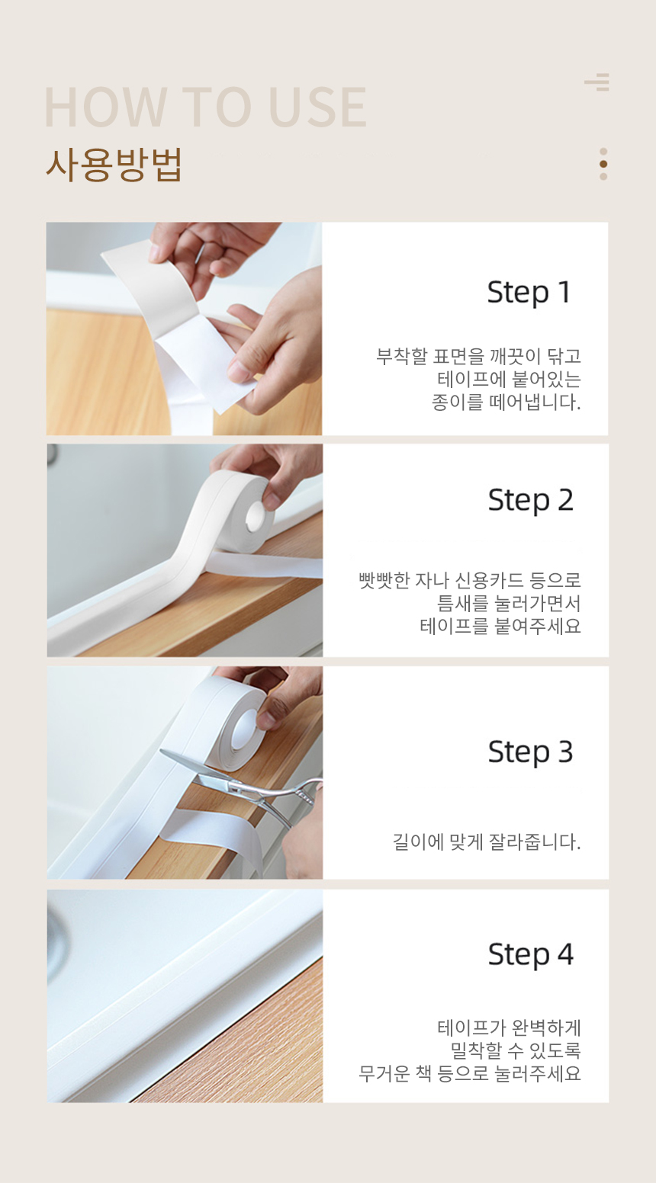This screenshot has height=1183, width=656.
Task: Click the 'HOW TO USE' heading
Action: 206,107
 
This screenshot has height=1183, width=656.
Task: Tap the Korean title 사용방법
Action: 114,164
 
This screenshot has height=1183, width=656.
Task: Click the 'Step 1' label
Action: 529,293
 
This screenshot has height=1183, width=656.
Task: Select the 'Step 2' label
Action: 530,501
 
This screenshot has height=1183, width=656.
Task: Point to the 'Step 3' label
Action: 530,752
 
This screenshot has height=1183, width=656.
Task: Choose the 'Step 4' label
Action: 530,954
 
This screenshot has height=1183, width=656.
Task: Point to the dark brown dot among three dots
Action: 603,164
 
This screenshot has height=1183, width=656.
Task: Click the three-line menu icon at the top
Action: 597,82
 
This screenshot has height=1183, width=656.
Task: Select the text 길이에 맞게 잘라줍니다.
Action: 487,842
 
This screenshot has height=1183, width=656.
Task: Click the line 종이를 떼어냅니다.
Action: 506,402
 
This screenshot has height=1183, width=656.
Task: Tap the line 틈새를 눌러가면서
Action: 509,603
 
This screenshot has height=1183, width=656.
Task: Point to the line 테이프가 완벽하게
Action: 509,1028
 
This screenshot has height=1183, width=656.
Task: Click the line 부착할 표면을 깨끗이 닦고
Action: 478,357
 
